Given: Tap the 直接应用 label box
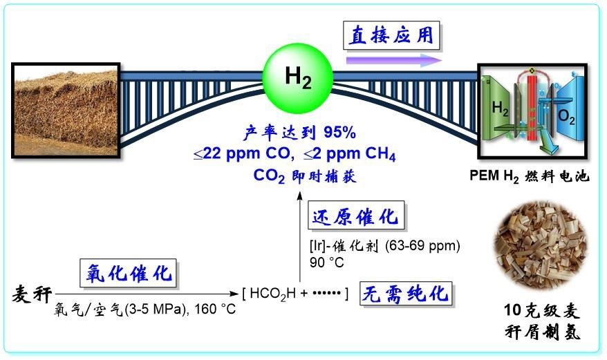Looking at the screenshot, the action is [391, 34].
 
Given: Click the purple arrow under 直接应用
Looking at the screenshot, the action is [394, 60].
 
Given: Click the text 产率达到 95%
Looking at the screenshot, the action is [299, 132].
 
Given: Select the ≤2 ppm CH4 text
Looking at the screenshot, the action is [345, 153].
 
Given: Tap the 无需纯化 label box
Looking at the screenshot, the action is [406, 294].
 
